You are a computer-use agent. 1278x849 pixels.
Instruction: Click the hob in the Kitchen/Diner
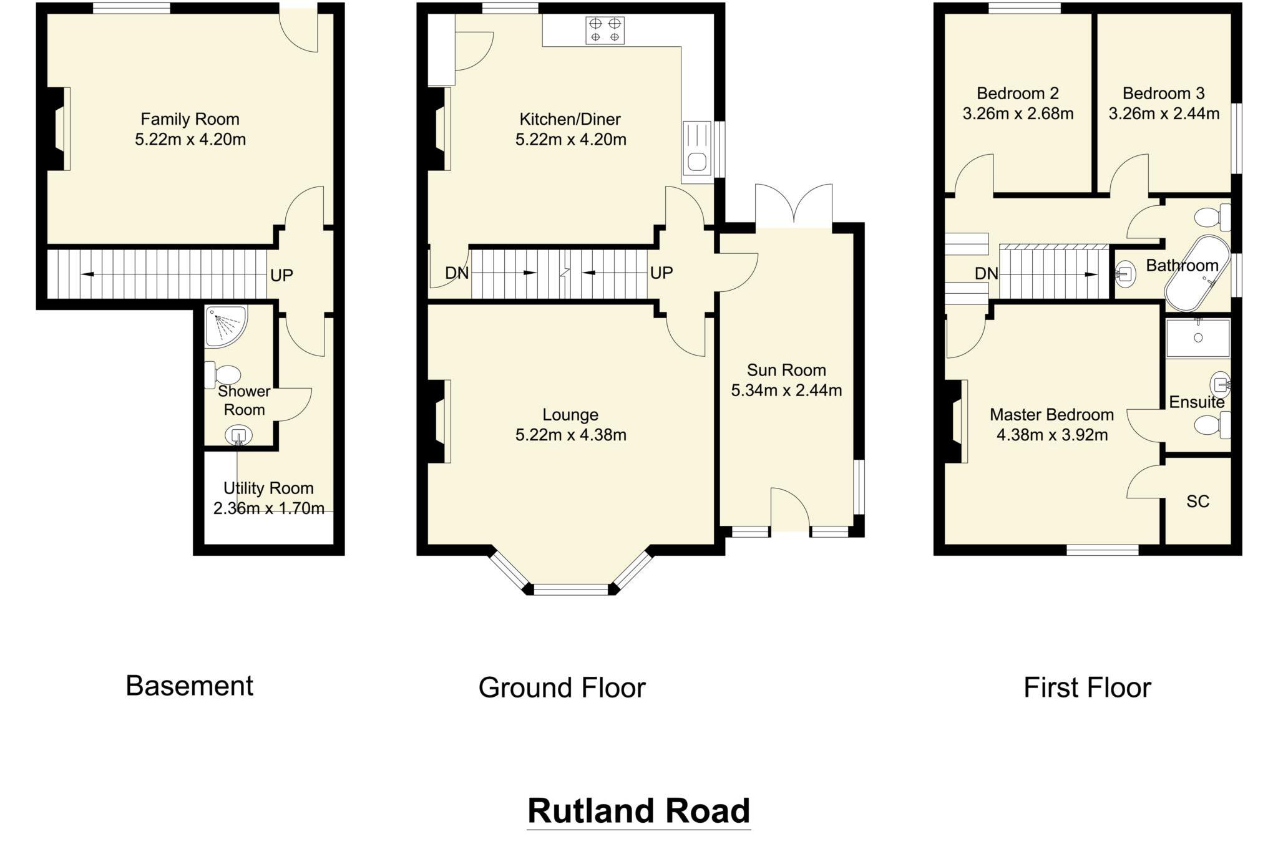605,30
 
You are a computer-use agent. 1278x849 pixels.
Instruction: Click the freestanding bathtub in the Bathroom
1197,273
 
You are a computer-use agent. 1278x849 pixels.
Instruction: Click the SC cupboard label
1198,502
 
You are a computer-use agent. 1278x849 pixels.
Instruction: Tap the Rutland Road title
638,811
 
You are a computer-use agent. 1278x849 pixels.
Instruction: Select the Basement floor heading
189,686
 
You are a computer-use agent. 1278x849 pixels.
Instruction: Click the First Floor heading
1087,687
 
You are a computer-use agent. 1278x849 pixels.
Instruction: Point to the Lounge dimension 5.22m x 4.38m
570,435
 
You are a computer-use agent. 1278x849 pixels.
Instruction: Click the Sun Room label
786,370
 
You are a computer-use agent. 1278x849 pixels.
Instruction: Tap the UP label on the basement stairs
281,275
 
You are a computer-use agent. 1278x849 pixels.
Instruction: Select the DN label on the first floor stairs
986,273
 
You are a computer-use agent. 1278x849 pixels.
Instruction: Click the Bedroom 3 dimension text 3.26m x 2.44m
1164,114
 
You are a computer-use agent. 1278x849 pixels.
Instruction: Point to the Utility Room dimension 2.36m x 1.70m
268,508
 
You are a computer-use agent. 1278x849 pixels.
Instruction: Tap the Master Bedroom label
1051,415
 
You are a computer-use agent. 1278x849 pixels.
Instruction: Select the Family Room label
190,119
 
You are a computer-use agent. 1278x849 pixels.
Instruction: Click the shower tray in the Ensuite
1198,338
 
